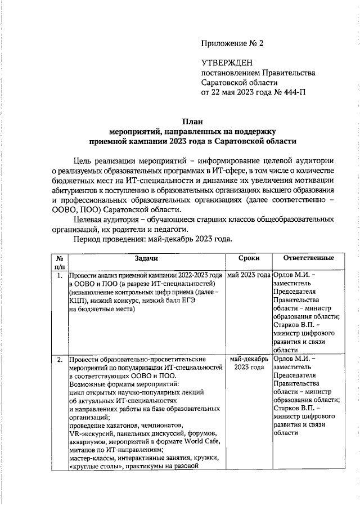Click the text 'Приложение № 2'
coord(232,43)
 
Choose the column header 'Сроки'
coord(248,258)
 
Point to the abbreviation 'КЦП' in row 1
coord(78,300)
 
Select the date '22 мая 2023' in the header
coord(237,92)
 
